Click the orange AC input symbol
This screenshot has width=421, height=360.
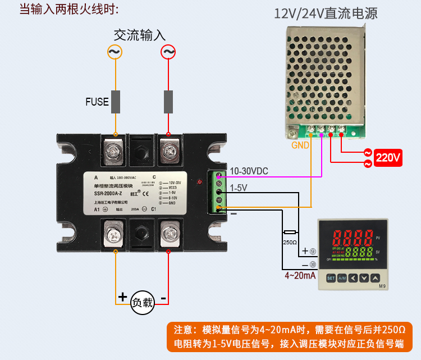(x=115, y=52)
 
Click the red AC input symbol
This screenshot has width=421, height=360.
(x=168, y=52)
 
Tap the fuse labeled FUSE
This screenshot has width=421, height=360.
(x=116, y=102)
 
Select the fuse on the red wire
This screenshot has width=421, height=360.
(x=168, y=102)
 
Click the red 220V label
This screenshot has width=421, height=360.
(x=388, y=158)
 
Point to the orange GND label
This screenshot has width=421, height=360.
(x=300, y=145)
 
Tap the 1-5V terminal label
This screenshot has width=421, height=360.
(x=239, y=188)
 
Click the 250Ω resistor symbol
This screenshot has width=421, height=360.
(x=290, y=232)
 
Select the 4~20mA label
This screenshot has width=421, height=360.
(x=300, y=275)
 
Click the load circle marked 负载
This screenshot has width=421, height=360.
(x=142, y=303)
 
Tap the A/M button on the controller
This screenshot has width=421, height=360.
(x=342, y=278)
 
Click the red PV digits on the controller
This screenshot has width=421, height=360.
(x=351, y=235)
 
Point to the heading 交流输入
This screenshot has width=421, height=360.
(x=140, y=34)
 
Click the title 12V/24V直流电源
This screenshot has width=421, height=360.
(x=326, y=13)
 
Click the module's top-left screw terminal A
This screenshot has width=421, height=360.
(x=115, y=150)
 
